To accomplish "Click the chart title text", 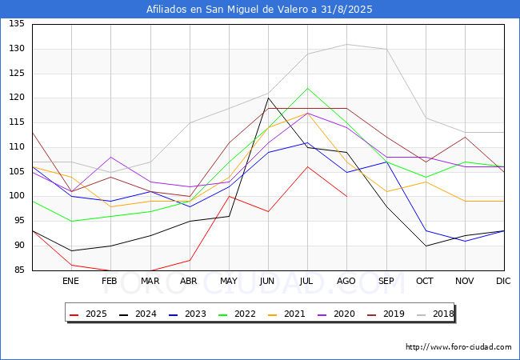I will click(259, 10).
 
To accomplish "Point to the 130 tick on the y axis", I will click(16, 49).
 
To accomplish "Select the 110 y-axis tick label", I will click(16, 147).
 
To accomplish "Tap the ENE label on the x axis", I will click(71, 282).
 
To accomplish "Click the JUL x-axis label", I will click(307, 282).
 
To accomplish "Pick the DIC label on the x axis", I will click(504, 282).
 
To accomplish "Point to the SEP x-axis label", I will click(386, 282).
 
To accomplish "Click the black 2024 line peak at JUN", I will click(268, 98).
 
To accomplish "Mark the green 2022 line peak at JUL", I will click(307, 88).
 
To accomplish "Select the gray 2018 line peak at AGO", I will click(346, 44).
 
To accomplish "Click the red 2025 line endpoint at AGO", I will click(346, 196).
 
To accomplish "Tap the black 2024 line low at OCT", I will click(426, 246).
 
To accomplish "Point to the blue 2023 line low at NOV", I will click(465, 241).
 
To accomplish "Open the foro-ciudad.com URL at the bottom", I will click(458, 347).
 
